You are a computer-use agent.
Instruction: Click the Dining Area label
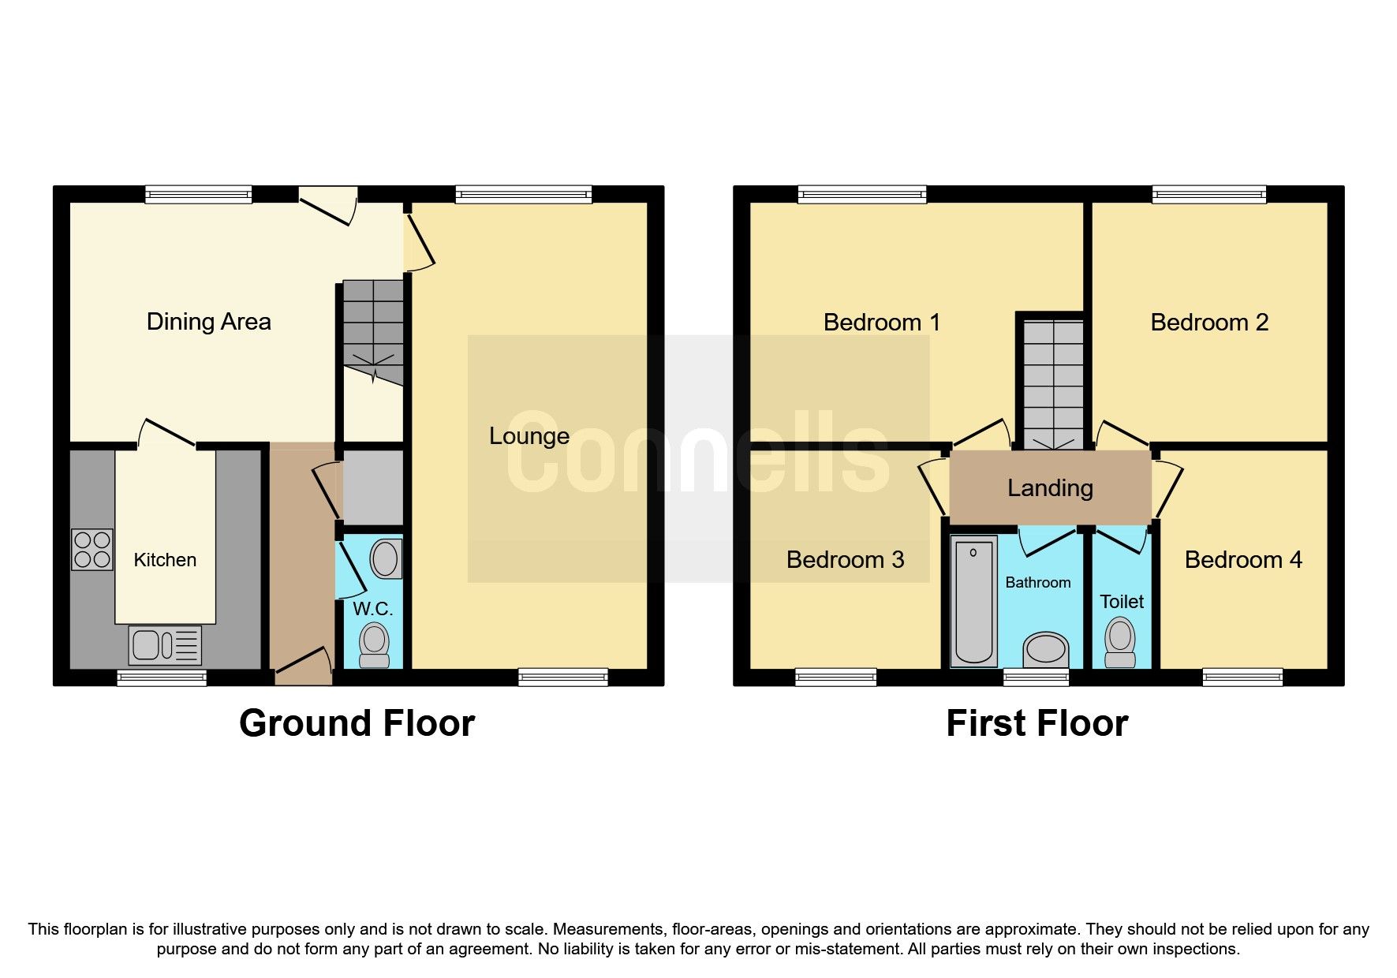(208, 322)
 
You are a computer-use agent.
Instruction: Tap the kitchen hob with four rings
(92, 550)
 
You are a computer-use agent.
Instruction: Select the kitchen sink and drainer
(165, 645)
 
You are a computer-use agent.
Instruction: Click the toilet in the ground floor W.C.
(374, 645)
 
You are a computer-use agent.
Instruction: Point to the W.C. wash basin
(385, 558)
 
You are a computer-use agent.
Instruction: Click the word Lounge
(529, 436)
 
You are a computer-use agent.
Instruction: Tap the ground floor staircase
(373, 331)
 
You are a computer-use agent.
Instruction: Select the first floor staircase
(1053, 383)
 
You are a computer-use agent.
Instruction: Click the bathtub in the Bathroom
(973, 601)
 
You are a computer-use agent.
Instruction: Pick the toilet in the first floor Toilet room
(1120, 643)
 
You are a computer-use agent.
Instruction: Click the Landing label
(1050, 488)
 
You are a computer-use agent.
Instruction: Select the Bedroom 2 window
(1208, 194)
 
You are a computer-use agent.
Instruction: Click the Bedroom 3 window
(835, 677)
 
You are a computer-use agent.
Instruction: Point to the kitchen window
(162, 677)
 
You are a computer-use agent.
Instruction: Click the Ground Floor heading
(357, 723)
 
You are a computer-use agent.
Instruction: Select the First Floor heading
(1037, 723)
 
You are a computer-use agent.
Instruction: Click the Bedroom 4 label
(1243, 560)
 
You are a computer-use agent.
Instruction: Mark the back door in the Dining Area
(327, 204)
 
